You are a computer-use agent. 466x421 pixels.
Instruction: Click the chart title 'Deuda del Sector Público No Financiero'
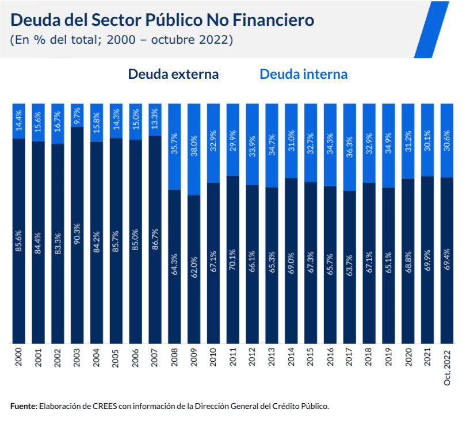click(162, 20)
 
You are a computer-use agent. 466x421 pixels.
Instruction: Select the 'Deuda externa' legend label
click(173, 74)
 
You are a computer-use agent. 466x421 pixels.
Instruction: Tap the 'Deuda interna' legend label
click(303, 74)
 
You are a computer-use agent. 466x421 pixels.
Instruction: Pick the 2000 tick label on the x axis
click(19, 357)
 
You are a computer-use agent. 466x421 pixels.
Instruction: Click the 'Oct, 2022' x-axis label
click(447, 369)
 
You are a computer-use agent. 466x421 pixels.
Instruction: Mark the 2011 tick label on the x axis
click(233, 357)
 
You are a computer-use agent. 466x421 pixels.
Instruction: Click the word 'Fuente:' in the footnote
click(24, 406)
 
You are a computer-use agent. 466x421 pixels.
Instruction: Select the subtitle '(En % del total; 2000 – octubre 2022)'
click(121, 40)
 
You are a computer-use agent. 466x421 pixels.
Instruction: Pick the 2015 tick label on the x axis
click(311, 357)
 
